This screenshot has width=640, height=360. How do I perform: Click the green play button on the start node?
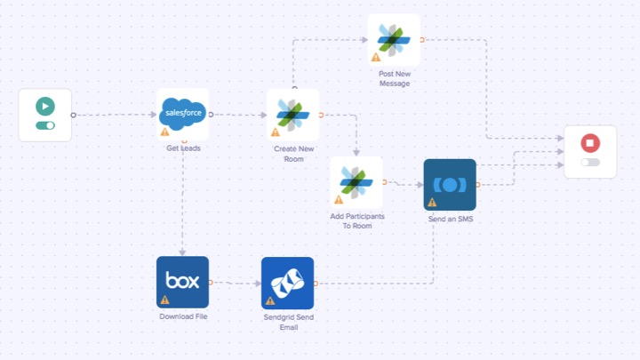tap(44, 107)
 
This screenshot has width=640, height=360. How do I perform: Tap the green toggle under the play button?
tap(44, 125)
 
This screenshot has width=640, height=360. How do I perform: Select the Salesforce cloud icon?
tap(183, 113)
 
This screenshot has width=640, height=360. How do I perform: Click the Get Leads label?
tap(183, 148)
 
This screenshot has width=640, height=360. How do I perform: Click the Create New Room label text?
tap(293, 154)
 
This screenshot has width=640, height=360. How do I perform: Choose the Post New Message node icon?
tap(393, 39)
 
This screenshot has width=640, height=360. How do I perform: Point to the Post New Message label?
tap(393, 78)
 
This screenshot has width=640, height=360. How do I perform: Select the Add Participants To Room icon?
tap(356, 182)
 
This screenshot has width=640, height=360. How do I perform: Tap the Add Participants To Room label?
tap(356, 221)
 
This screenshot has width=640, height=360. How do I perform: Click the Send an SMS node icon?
tap(450, 185)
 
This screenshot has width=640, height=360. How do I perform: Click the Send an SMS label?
tap(450, 219)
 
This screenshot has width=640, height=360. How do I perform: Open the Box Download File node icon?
tap(182, 282)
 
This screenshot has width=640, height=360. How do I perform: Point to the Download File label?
tap(182, 316)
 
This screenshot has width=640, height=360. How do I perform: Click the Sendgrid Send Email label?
tap(287, 322)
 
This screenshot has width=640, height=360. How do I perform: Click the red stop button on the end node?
tap(589, 143)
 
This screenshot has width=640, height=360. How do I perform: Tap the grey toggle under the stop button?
tap(589, 162)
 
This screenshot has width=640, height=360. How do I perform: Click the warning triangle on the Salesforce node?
tap(164, 132)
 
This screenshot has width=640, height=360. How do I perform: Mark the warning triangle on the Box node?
tap(164, 300)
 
